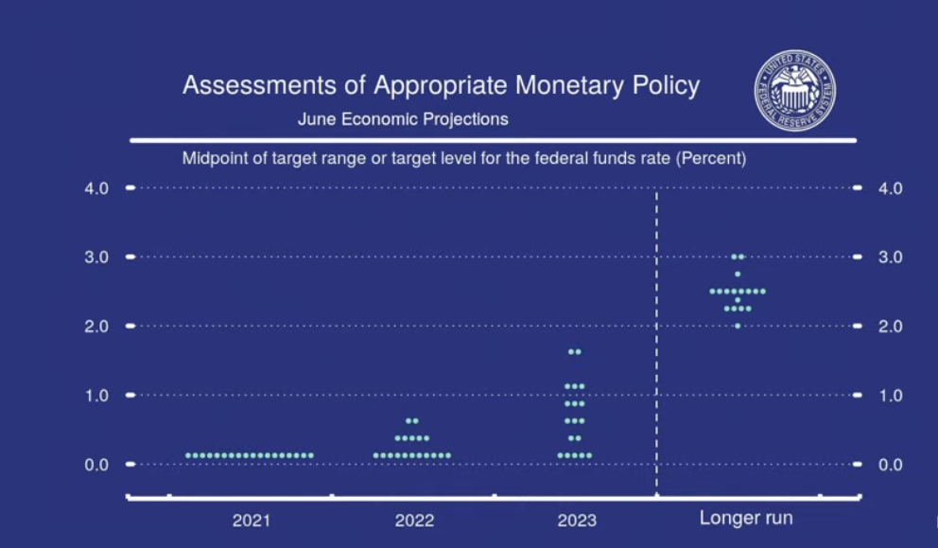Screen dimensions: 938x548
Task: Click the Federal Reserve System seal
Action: pyautogui.click(x=795, y=91)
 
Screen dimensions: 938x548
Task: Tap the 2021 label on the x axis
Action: pyautogui.click(x=252, y=520)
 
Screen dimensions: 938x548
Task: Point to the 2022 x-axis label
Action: pyautogui.click(x=414, y=520)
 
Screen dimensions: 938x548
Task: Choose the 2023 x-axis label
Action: pyautogui.click(x=577, y=520)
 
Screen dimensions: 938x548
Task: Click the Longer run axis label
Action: pyautogui.click(x=746, y=518)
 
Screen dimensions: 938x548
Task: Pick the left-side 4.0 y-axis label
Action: pyautogui.click(x=96, y=188)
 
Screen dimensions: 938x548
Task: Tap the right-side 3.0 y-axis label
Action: pyautogui.click(x=890, y=256)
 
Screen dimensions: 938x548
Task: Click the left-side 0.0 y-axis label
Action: pyautogui.click(x=96, y=465)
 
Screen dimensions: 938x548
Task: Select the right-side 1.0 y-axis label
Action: pyautogui.click(x=890, y=396)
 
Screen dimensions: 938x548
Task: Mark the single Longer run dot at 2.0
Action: pyautogui.click(x=738, y=326)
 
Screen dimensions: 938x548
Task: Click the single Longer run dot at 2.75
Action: pyautogui.click(x=738, y=274)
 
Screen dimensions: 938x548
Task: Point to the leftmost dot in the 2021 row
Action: pyautogui.click(x=188, y=456)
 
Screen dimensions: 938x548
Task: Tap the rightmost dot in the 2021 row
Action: pyautogui.click(x=310, y=456)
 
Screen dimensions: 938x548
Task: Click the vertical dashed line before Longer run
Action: pyautogui.click(x=657, y=342)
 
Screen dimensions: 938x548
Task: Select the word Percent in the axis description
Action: pyautogui.click(x=711, y=159)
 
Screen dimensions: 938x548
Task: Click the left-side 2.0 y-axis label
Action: pyautogui.click(x=96, y=327)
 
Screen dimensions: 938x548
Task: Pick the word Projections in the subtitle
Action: pyautogui.click(x=465, y=119)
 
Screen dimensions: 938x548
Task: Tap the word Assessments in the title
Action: pyautogui.click(x=259, y=85)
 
